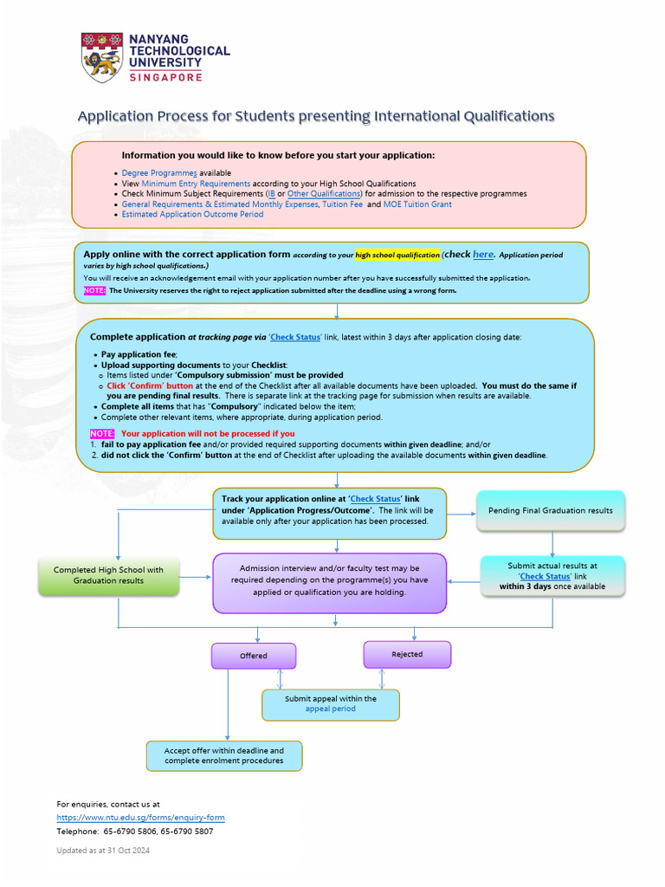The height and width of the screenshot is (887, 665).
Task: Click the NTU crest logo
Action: point(102,57)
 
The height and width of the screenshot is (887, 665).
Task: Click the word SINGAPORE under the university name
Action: point(165,77)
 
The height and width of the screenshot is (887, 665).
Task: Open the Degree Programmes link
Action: point(159,173)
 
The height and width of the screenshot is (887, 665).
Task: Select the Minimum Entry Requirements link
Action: point(196,184)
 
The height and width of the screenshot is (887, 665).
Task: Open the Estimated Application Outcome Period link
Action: point(192,214)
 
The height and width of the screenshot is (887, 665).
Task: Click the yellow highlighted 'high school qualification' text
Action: point(397,256)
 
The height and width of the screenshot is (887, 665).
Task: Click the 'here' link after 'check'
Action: point(483,255)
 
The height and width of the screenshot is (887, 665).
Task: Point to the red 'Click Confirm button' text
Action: point(150,385)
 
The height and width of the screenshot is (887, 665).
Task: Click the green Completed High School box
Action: point(108,575)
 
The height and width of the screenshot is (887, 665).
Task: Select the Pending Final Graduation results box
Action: point(550,510)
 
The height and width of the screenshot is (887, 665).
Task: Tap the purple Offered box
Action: point(254,656)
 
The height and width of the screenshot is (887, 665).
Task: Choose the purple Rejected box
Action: point(407,654)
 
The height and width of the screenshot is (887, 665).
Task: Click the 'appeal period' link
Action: point(331,709)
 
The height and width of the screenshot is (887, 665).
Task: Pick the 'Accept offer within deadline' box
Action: point(224,755)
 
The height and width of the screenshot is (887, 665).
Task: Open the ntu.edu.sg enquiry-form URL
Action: point(140,818)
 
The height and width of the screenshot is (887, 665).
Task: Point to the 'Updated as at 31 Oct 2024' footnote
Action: point(103,851)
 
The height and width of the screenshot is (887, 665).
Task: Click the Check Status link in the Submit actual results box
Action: point(546,576)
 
